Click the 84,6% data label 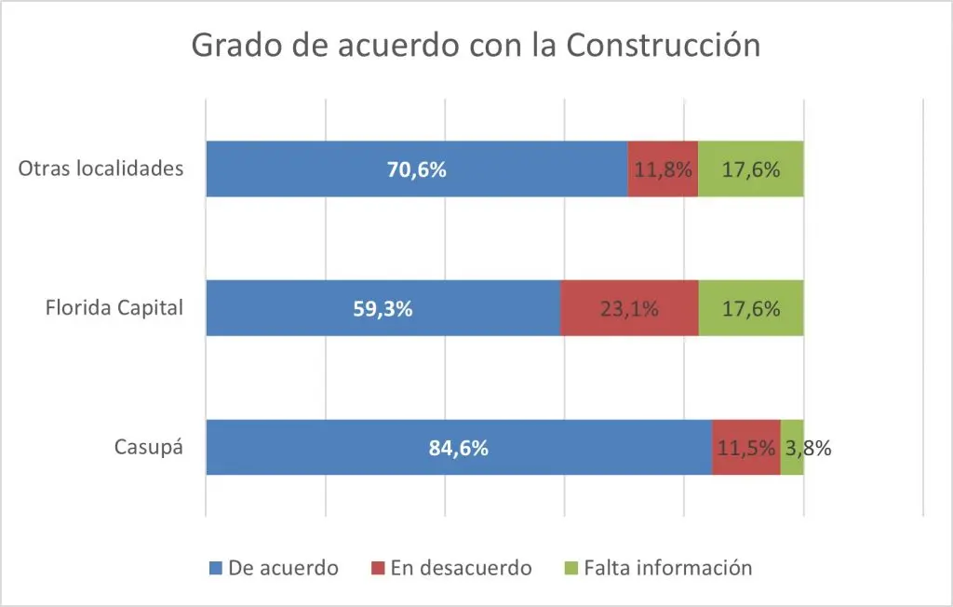point(459,448)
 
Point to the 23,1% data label point(629,309)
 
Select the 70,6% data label point(417,170)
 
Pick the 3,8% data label point(808,448)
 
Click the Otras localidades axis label point(101,169)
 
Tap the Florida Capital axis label point(114,308)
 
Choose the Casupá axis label point(148,447)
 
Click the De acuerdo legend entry point(273,568)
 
